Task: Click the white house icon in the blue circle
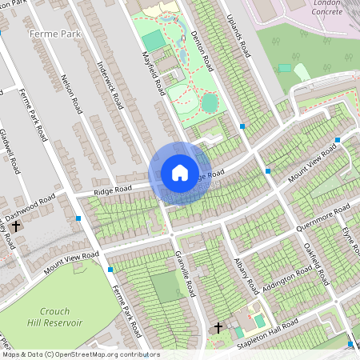point(179,173)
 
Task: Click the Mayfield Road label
point(153,72)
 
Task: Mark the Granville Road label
point(186,275)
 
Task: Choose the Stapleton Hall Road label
point(267,336)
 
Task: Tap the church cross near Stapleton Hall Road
point(218,327)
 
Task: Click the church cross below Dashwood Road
point(16,227)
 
